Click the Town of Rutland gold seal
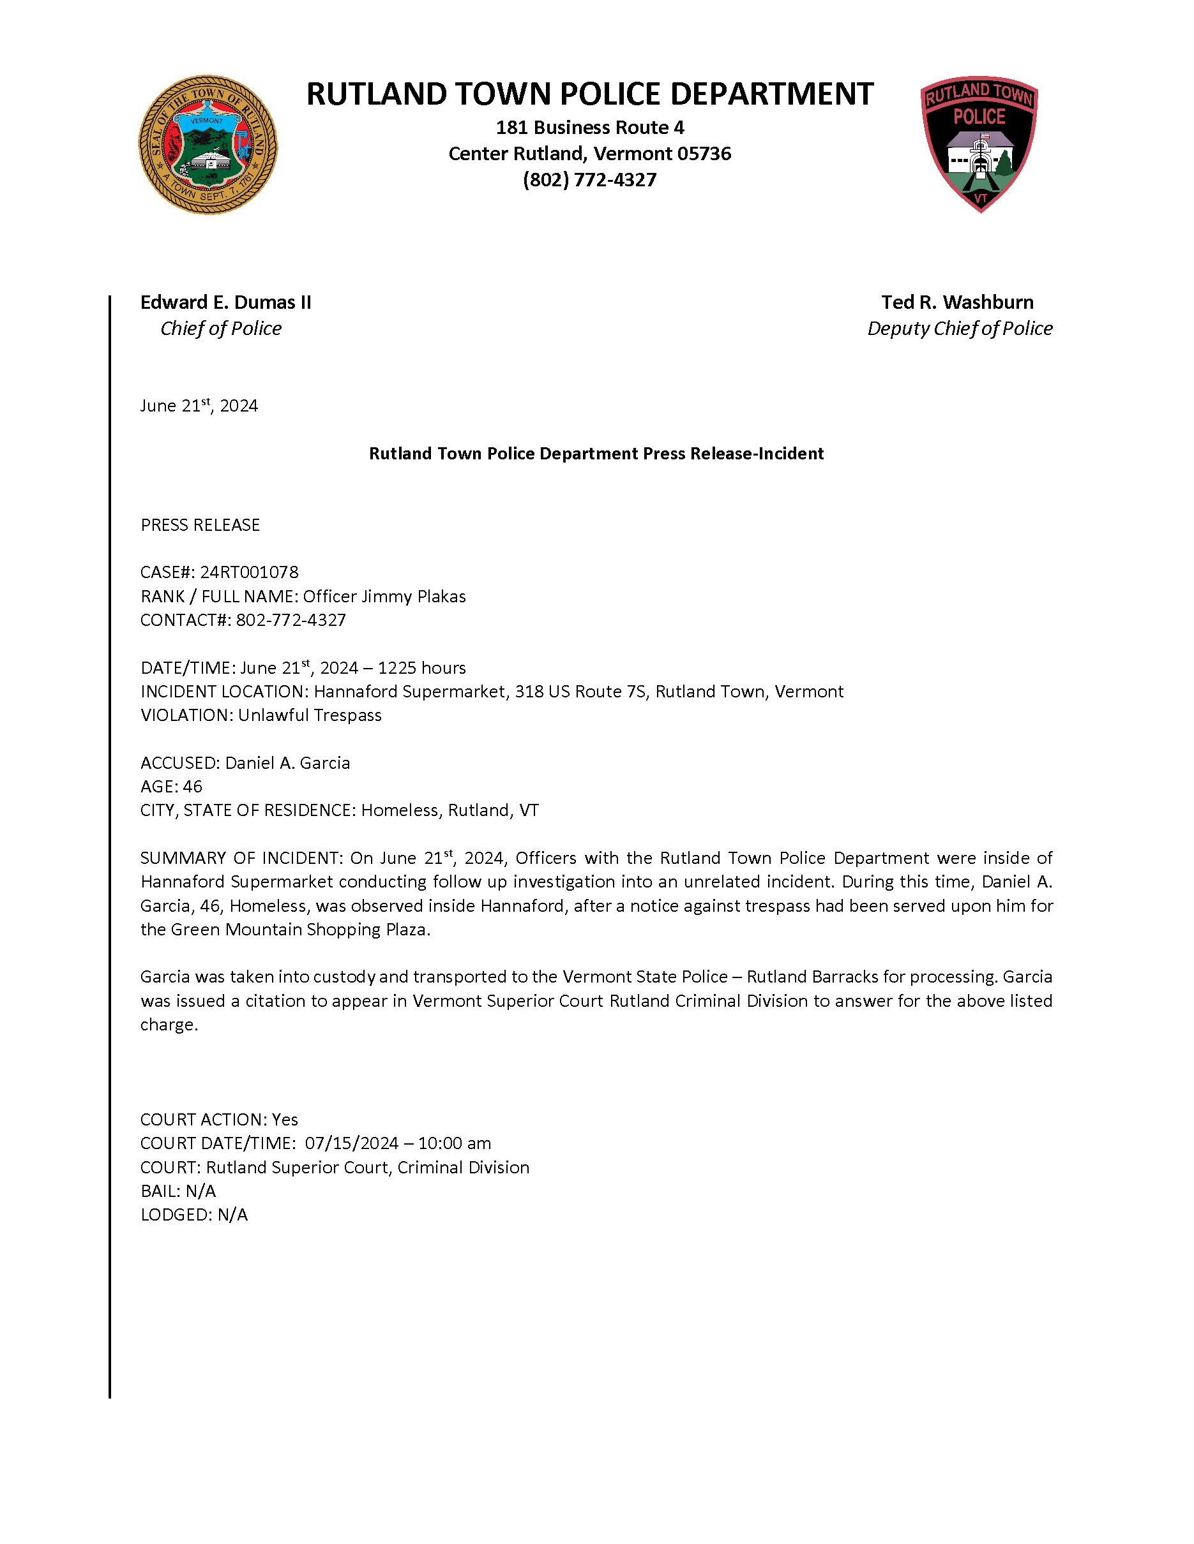point(208,145)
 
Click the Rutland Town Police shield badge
point(979,144)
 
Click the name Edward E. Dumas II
point(225,302)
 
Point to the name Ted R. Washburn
point(957,302)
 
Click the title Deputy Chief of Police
point(959,329)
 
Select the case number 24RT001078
point(249,572)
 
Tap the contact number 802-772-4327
point(291,620)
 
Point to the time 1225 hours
point(421,668)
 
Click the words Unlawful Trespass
point(310,715)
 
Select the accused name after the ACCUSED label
point(288,763)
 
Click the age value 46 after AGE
point(192,787)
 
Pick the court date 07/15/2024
point(352,1143)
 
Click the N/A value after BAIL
point(201,1191)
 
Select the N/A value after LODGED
point(232,1215)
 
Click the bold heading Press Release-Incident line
point(596,454)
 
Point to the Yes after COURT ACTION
point(285,1120)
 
